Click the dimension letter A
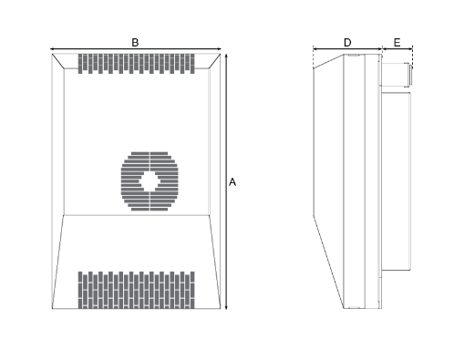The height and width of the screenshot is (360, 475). (232, 182)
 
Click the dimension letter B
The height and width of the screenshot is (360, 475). (135, 42)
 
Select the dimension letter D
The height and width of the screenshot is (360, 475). (347, 42)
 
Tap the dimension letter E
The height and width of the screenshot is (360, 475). (397, 42)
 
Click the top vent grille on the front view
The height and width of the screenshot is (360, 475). (138, 64)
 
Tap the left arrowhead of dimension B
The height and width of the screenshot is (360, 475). (52, 49)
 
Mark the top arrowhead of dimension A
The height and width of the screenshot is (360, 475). (226, 55)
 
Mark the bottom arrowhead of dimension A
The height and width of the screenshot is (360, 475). (226, 307)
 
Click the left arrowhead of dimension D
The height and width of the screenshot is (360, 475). (315, 49)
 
